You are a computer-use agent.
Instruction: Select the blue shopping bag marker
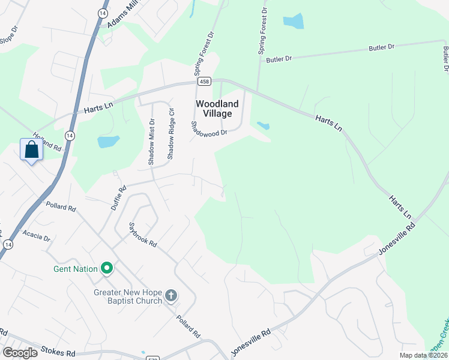[31, 150]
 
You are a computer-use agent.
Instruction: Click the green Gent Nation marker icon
[107, 268]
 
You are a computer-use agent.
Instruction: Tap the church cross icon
[171, 296]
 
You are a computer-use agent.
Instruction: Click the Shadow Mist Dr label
[151, 142]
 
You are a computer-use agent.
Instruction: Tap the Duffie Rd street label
[118, 197]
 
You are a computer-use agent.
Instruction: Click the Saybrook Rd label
[143, 235]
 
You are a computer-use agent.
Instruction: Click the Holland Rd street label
[47, 142]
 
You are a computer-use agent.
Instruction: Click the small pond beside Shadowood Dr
[262, 126]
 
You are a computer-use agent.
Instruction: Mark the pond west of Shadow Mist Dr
[108, 142]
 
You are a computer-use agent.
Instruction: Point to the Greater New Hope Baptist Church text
[128, 296]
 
